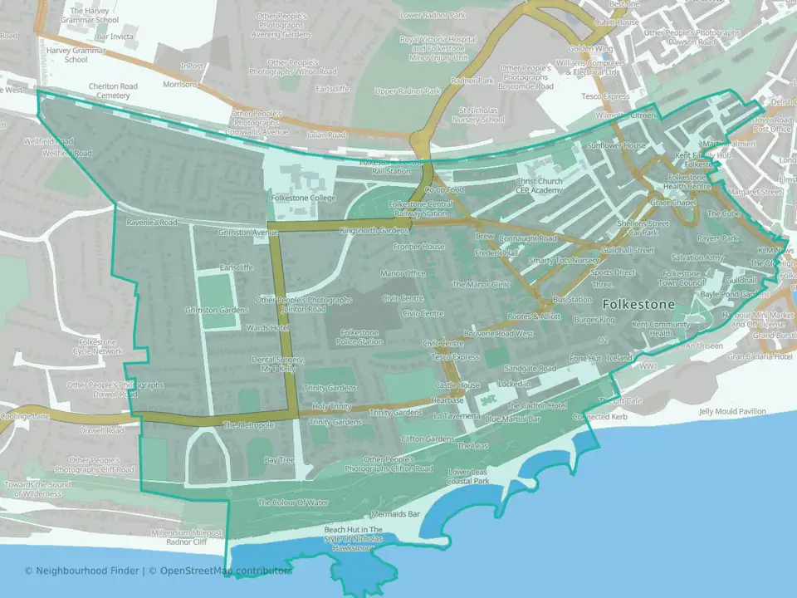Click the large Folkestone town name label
[x=638, y=304]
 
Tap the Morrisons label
[x=180, y=84]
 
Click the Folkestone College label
[x=303, y=199]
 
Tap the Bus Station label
[x=571, y=299]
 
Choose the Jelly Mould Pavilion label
[x=732, y=411]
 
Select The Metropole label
[x=248, y=425]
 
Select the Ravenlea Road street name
[x=152, y=223]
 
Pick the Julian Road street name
[x=325, y=135]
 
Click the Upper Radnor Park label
[x=407, y=91]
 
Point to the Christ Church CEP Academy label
[x=539, y=185]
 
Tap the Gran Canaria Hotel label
[x=760, y=356]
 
